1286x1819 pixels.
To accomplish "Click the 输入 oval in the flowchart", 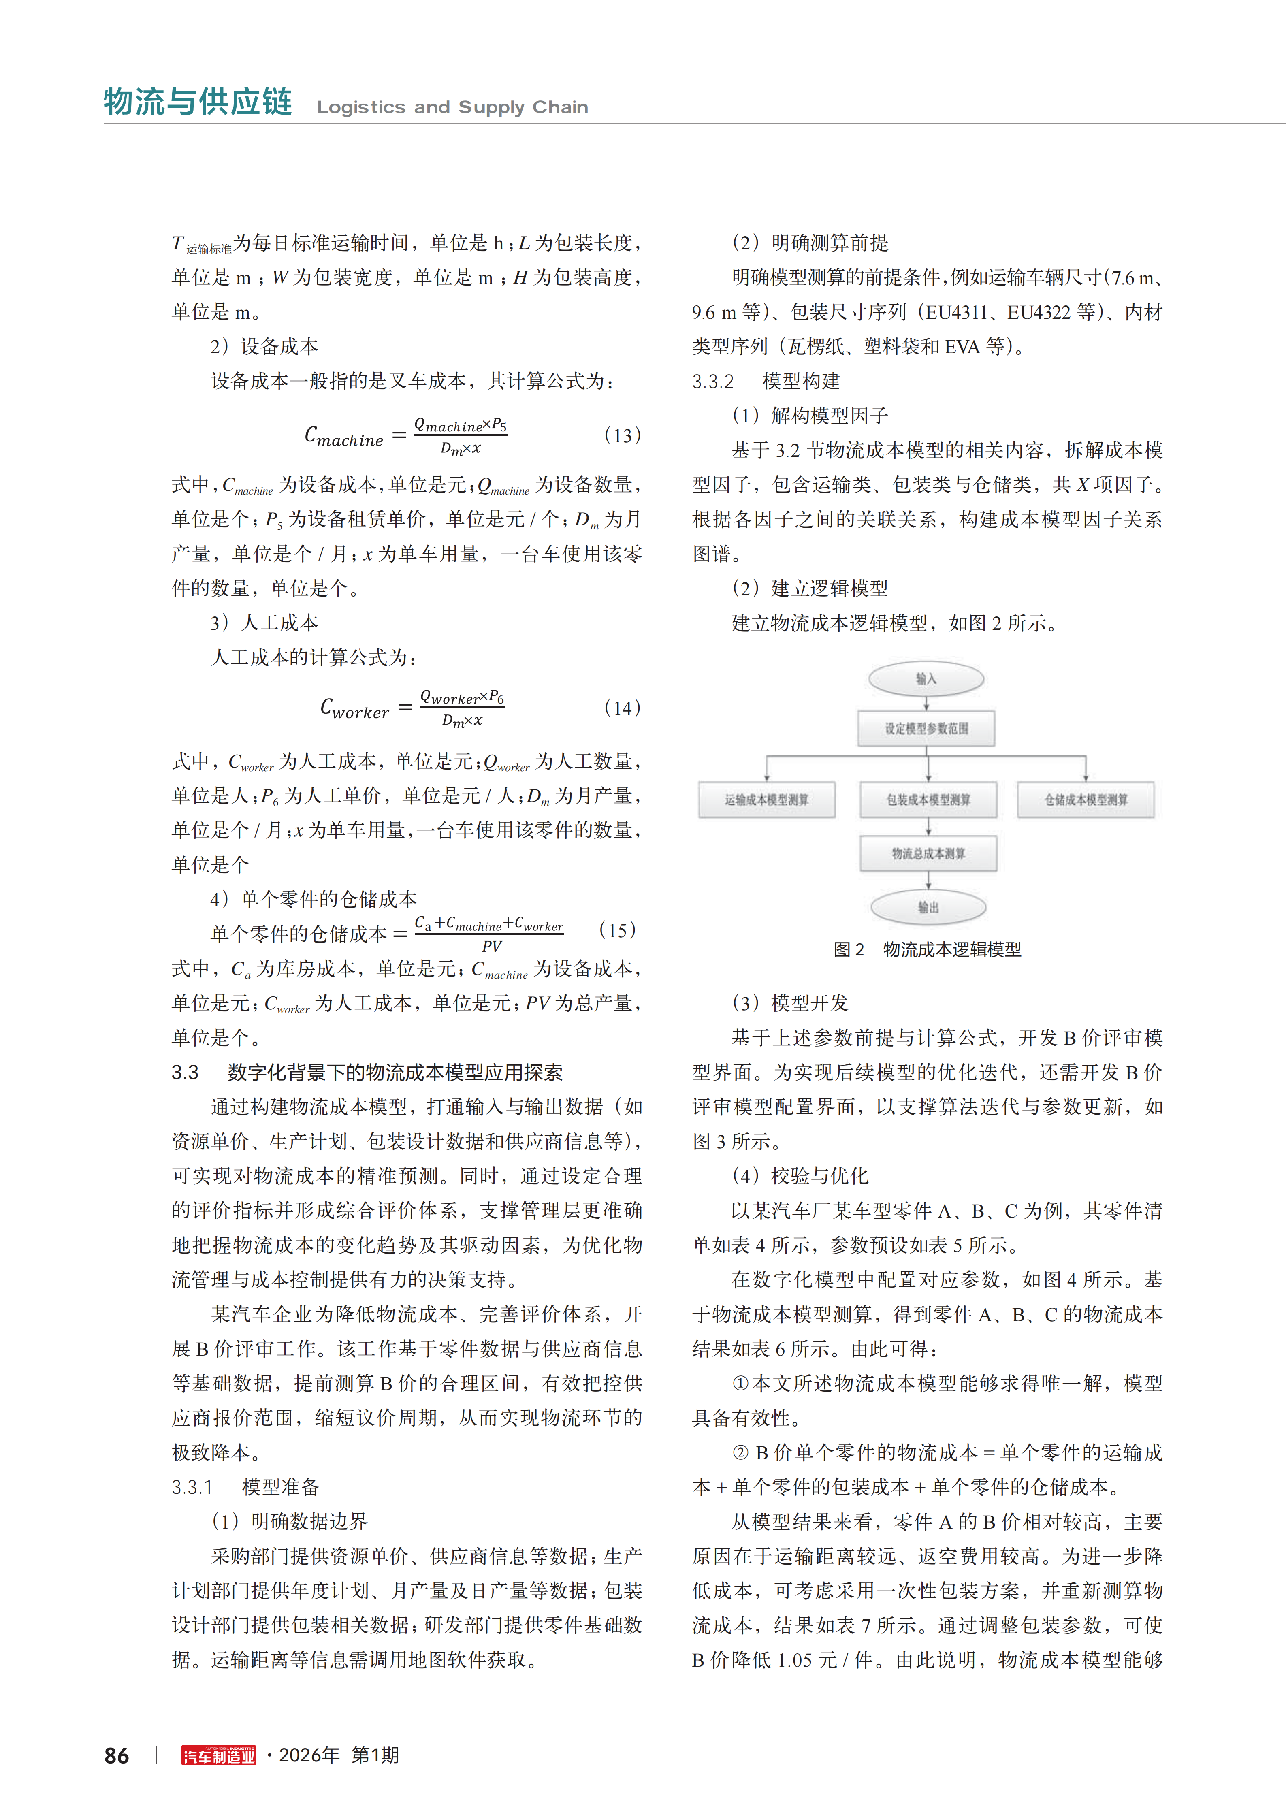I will tap(926, 679).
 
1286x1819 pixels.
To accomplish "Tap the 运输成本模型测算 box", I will tap(766, 800).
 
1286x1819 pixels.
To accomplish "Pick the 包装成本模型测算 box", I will tap(928, 800).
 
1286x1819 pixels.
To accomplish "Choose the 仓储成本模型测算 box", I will tap(1086, 800).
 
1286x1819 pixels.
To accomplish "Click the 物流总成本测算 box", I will tap(928, 853).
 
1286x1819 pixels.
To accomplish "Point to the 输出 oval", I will tap(928, 907).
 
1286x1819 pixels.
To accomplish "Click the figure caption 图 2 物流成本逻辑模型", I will tap(927, 949).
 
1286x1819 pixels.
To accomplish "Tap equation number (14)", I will tap(622, 708).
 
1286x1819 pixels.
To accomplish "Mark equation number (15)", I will tap(617, 930).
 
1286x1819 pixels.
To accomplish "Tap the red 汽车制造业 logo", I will tap(219, 1756).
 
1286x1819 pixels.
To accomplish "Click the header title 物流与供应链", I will tap(198, 102).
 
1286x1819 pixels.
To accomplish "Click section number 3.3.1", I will tap(192, 1487).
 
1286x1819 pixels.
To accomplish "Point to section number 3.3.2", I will tap(713, 381).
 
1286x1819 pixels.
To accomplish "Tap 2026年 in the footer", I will tap(309, 1756).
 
